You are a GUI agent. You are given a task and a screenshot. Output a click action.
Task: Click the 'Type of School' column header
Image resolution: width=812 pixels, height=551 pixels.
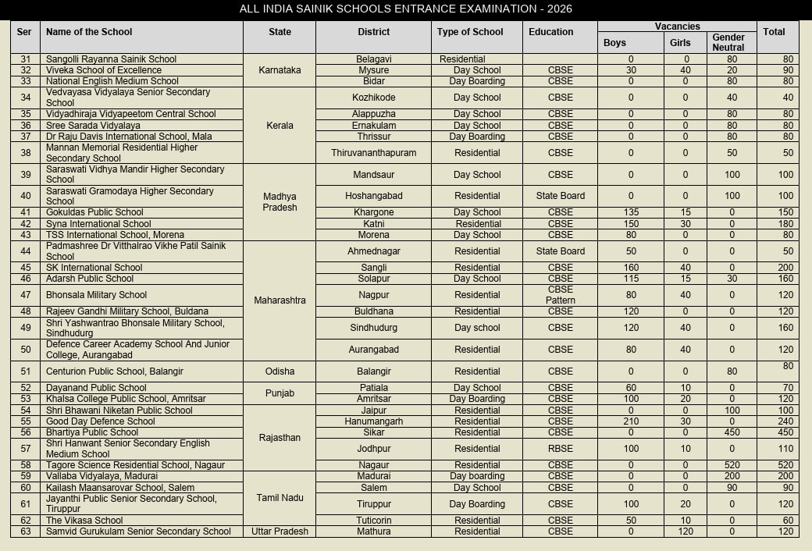click(470, 32)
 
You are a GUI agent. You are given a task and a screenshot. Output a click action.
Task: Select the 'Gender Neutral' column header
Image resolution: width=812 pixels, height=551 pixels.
click(728, 42)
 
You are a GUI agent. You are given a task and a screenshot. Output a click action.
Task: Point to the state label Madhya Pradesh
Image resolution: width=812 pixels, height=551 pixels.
click(280, 202)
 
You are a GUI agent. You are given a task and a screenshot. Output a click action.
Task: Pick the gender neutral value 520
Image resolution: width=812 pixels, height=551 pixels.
click(732, 465)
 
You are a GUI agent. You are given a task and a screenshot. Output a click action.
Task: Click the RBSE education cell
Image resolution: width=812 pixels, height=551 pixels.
click(561, 449)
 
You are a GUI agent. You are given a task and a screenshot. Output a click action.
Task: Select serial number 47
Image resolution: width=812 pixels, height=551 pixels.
click(26, 295)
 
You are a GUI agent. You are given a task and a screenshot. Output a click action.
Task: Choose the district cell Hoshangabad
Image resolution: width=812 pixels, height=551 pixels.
click(373, 196)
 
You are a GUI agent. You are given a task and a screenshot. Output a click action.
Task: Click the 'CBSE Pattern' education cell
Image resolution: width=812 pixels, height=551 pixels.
click(561, 295)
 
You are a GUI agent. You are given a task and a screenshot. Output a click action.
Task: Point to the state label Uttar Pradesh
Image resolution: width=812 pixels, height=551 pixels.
click(280, 531)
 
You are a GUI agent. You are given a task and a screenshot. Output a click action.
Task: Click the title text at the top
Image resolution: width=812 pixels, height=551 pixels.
click(406, 9)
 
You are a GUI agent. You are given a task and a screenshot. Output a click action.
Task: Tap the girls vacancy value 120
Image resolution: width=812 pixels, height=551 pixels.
click(686, 531)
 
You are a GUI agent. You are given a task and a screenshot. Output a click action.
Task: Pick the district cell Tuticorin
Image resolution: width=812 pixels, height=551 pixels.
click(373, 521)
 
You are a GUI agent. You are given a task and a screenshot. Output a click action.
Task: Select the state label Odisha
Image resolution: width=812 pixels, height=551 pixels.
click(280, 371)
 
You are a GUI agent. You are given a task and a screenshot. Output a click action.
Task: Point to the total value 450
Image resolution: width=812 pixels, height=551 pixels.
click(777, 432)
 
